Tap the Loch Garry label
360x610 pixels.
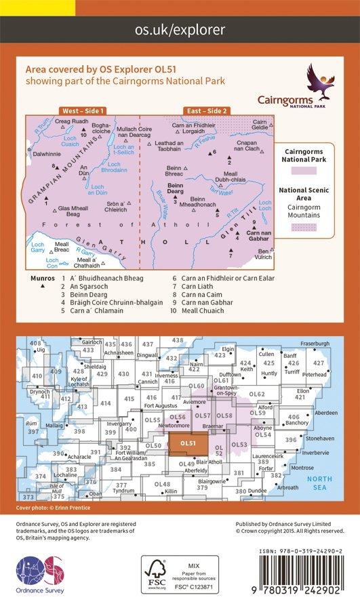click(36, 247)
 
